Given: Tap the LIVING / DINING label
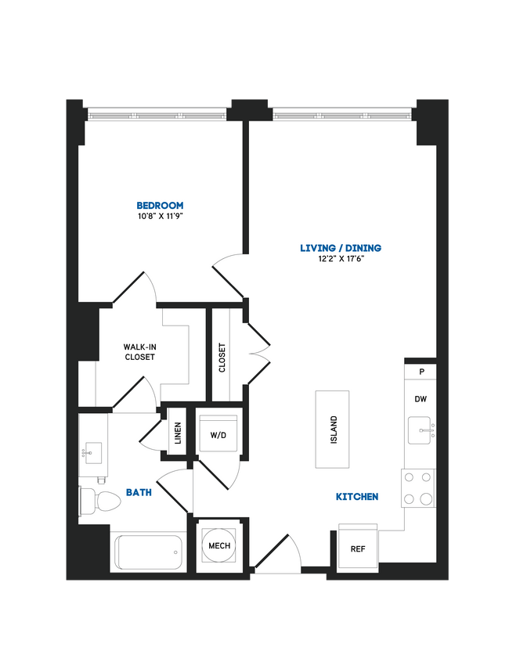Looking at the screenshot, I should (x=341, y=248).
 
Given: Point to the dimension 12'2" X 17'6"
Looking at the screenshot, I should (x=341, y=258).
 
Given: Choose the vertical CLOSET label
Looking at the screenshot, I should (x=222, y=358).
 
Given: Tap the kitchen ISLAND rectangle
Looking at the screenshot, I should (x=333, y=429).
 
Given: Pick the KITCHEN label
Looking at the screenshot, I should (x=357, y=496).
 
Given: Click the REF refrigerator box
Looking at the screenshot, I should (x=357, y=548).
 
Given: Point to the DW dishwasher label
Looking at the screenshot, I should (x=421, y=399).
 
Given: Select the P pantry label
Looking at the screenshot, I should (x=421, y=372).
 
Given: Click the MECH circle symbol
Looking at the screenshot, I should (x=219, y=545).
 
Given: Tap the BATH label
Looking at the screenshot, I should (x=139, y=493).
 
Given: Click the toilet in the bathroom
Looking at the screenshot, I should (x=98, y=499).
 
